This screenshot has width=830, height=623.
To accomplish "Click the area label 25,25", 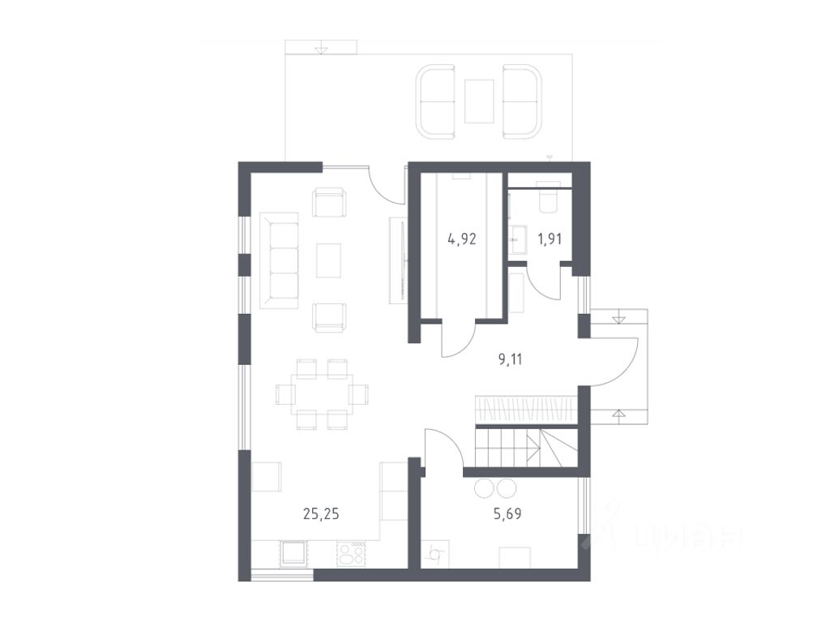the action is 321,513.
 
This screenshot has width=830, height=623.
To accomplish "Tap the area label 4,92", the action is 461,239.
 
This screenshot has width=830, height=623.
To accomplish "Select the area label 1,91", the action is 550,239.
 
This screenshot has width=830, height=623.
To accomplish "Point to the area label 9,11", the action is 511,359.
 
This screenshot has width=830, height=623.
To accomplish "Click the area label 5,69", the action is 507,513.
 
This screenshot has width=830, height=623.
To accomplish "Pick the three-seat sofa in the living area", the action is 279,260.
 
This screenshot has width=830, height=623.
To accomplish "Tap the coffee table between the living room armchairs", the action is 329,260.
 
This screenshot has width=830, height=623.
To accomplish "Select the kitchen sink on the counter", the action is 293,554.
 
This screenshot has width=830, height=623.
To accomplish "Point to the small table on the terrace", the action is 480,101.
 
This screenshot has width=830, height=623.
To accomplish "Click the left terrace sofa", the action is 435,101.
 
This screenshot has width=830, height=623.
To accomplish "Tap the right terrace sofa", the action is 521,101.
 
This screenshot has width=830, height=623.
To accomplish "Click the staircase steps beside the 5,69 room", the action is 526,448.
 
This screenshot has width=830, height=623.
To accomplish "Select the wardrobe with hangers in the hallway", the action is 525,409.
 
